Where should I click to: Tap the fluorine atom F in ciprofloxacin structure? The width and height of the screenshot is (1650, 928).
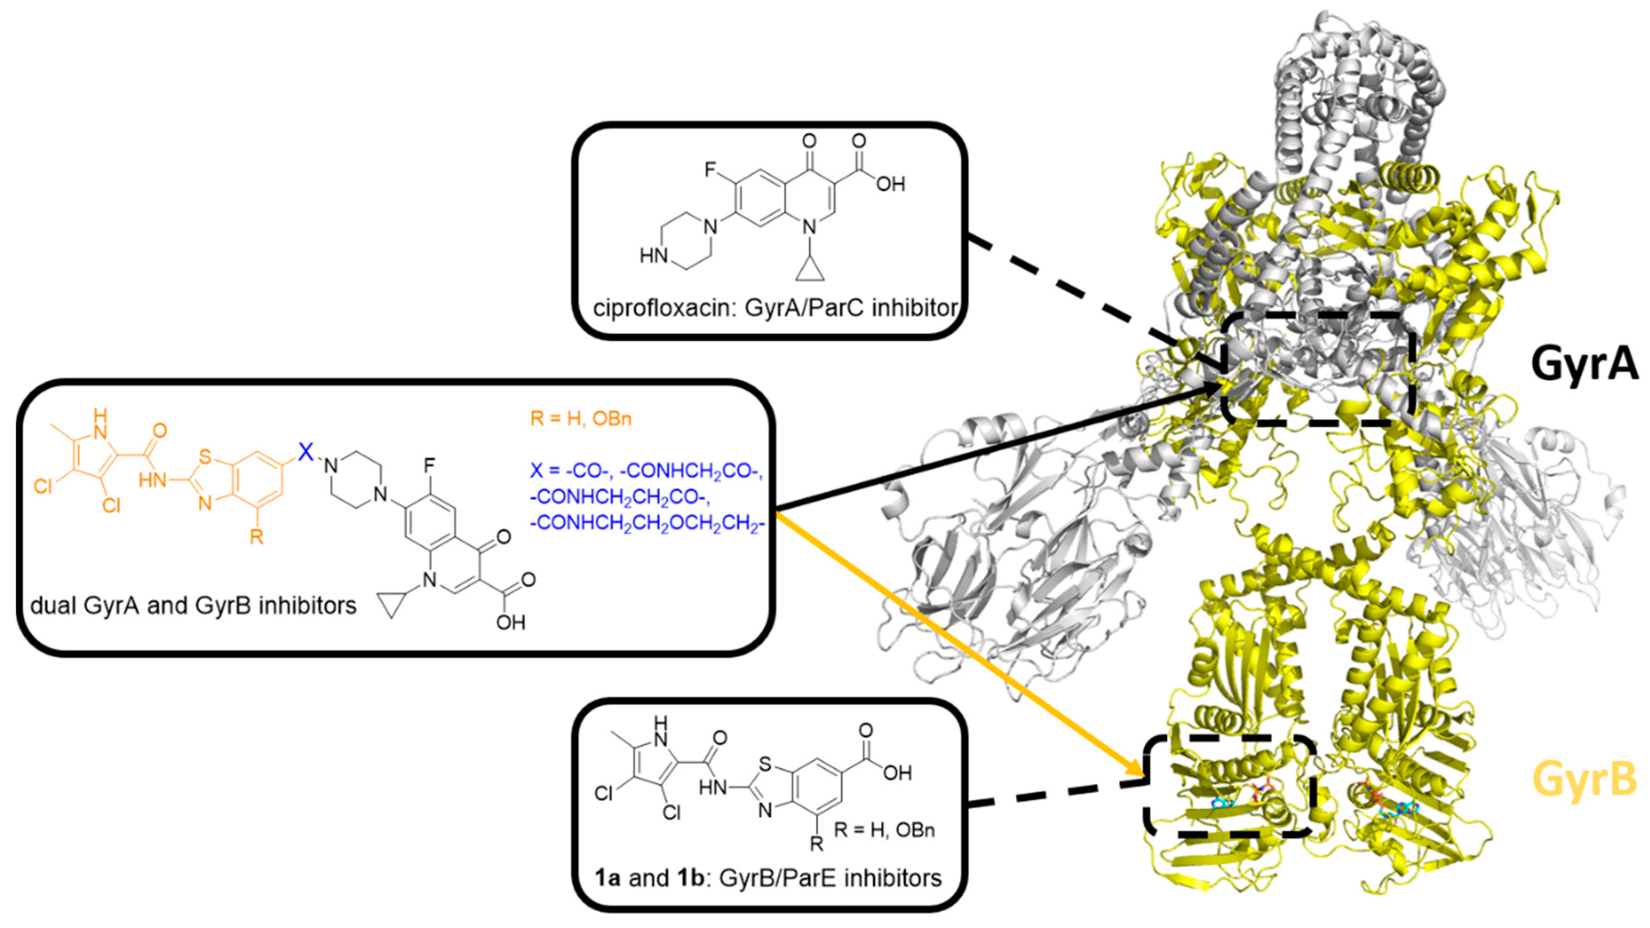coord(710,170)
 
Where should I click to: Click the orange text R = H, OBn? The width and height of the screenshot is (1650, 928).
coord(581,419)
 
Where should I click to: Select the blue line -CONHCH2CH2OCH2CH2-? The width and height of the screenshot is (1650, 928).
coord(647,523)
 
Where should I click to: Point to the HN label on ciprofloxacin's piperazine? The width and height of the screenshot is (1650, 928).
coord(653,257)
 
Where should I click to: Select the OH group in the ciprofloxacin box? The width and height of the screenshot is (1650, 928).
coord(890,185)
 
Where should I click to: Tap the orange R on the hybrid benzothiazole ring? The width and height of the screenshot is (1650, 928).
coord(256,536)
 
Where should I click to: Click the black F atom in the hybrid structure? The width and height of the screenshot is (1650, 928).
coord(429,463)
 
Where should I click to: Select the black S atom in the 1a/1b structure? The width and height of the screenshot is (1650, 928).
coord(764,764)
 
